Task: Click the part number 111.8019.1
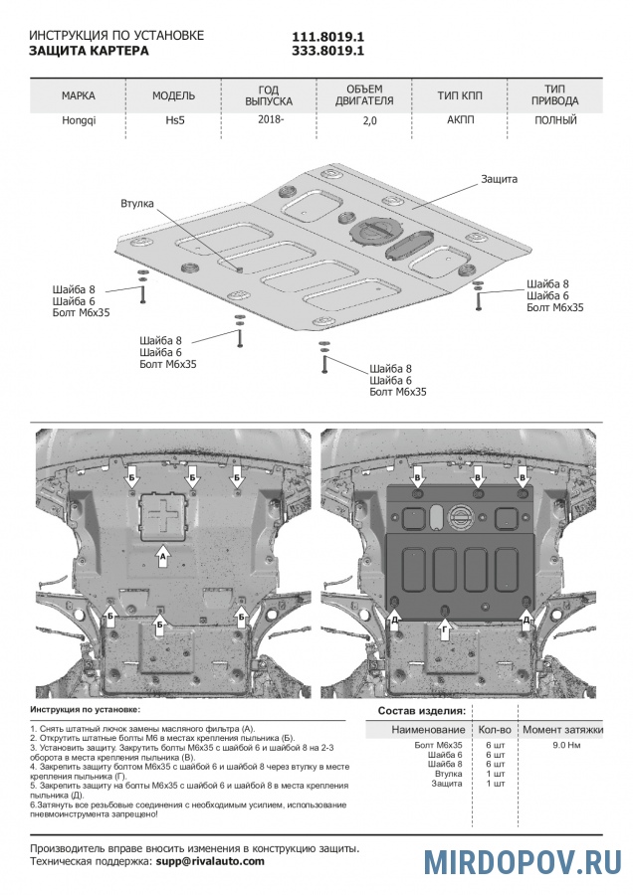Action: [327, 36]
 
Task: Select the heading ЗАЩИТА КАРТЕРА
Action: [89, 50]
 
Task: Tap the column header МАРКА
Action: [79, 96]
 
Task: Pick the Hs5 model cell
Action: [173, 120]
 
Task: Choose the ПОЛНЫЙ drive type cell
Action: [555, 120]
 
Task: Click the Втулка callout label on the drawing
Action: [136, 203]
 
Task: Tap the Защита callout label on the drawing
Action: [499, 179]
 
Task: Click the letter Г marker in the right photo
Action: [445, 630]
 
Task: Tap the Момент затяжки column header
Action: [563, 729]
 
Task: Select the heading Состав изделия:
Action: [421, 711]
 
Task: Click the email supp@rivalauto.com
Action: [210, 861]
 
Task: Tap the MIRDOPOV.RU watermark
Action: [523, 861]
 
